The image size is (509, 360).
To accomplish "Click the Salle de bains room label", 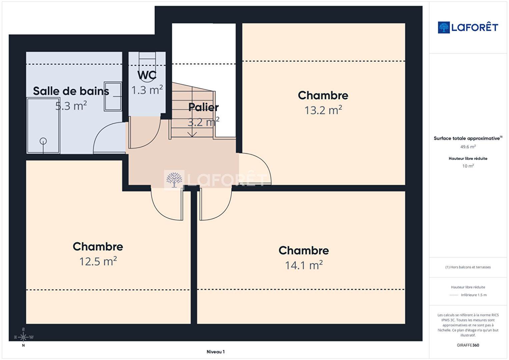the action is pos(71,91).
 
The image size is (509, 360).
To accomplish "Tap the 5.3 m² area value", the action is pos(71,106).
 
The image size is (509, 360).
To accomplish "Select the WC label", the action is pos(147,75).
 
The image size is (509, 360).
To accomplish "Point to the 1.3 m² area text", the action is pos(147,90).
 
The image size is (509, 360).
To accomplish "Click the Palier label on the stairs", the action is pos(203,107).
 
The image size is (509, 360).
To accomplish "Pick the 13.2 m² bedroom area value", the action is pos(323,110).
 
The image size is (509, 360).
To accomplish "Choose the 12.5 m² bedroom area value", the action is pos(98,261).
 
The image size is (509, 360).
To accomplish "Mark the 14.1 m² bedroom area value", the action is pos(304,265).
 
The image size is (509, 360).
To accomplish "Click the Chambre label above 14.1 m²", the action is pos(304,251).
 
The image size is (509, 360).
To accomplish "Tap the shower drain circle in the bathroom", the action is pos(43,141).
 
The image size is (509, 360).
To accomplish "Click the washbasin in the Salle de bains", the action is pos(113,97).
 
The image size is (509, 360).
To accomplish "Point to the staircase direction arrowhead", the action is pos(192,134).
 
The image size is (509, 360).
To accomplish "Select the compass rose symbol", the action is pos(23,337).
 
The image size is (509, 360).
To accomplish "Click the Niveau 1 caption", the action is pos(215,352).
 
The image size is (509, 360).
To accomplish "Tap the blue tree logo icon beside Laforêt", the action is pos(444,27).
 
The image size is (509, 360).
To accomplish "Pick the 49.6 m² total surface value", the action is pos(468,147).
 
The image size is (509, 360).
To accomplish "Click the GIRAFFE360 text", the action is pos(468,345).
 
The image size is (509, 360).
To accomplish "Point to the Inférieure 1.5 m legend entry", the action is pos(474,295).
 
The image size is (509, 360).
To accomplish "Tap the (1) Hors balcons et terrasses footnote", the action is pos(468,267).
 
